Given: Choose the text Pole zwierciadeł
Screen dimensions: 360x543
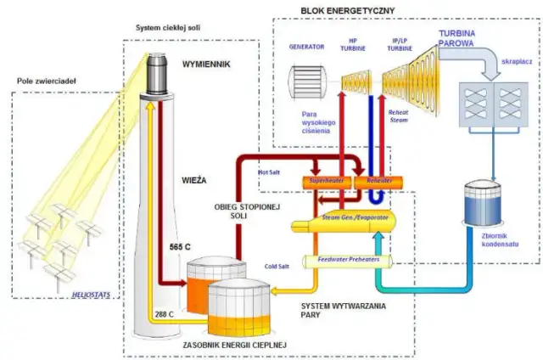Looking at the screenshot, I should (47, 81).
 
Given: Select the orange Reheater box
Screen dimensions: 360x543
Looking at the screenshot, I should (373, 181).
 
